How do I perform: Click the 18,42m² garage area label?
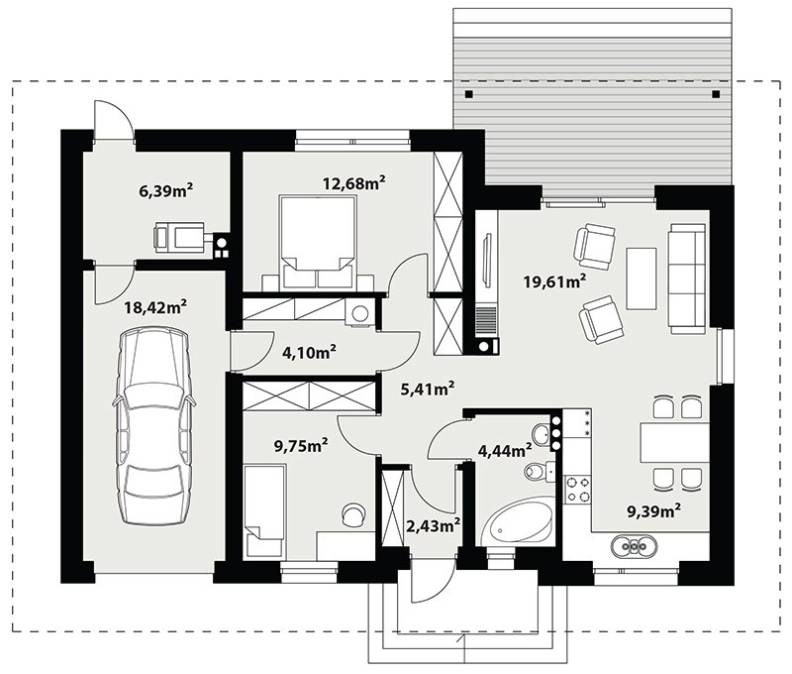click(155, 306)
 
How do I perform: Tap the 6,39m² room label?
click(166, 190)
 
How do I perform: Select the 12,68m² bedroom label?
click(354, 182)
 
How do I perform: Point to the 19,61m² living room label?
click(555, 281)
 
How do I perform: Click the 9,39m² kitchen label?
click(653, 511)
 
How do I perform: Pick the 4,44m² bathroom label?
click(505, 450)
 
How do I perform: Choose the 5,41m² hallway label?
click(428, 389)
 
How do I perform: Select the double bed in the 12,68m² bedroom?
click(318, 243)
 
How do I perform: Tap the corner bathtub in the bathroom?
click(516, 522)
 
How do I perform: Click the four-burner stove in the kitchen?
click(577, 489)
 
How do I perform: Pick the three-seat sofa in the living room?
click(687, 279)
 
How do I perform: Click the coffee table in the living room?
click(641, 279)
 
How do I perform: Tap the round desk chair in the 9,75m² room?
click(354, 514)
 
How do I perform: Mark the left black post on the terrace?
click(469, 93)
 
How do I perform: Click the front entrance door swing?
click(428, 582)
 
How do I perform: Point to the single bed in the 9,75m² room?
click(264, 510)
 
